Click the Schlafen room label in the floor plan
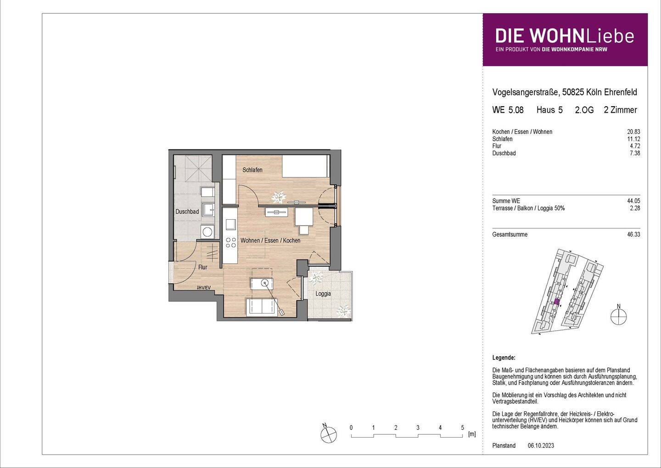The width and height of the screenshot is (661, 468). coord(252,170)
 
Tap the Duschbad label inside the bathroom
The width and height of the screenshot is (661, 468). coord(187,212)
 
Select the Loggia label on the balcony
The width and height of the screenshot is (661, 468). coord(323,294)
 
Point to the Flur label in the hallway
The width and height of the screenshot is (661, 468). coord(202,267)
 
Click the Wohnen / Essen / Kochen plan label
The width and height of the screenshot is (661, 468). coord(270,240)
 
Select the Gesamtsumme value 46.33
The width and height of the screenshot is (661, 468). coord(634,234)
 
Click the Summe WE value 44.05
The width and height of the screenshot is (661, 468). coord(634,201)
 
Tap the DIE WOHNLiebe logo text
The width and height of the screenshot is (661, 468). coord(564,36)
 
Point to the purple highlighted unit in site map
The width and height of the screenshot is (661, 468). coord(556,302)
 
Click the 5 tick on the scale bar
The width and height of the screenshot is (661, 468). coord(462,428)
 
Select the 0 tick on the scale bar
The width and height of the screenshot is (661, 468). coord(351,428)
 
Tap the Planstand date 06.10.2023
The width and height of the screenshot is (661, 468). coord(541,445)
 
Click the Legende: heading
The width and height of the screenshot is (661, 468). coord(504,358)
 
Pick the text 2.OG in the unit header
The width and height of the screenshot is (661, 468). coord(584,110)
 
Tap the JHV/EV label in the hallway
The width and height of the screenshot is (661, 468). coord(203,288)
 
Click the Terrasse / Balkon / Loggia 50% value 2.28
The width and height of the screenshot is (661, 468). coord(635,208)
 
